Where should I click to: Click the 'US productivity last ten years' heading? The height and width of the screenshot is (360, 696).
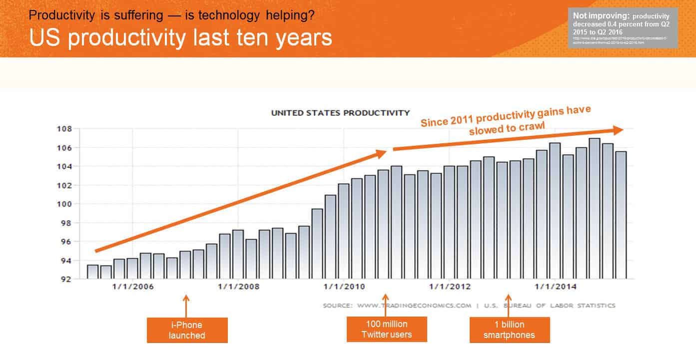(180, 38)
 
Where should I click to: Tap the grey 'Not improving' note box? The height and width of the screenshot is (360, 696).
(623, 28)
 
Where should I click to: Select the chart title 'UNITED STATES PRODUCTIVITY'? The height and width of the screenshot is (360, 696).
(340, 113)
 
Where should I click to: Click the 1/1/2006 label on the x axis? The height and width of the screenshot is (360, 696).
(133, 287)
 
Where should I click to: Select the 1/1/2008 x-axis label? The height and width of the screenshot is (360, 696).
(238, 287)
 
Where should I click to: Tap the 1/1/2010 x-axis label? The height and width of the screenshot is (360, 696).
(344, 287)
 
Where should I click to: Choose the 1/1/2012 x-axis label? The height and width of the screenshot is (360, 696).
(450, 287)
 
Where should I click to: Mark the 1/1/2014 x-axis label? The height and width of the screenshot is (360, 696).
(555, 287)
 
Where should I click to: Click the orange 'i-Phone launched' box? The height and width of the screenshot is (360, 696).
(187, 330)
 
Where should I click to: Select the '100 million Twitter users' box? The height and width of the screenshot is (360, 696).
(387, 329)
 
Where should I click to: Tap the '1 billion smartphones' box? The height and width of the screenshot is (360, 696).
(509, 330)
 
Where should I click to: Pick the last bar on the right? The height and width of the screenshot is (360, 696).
(621, 215)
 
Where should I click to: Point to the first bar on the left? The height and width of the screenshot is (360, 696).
(92, 272)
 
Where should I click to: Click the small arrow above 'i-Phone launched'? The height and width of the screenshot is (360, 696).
(186, 305)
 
